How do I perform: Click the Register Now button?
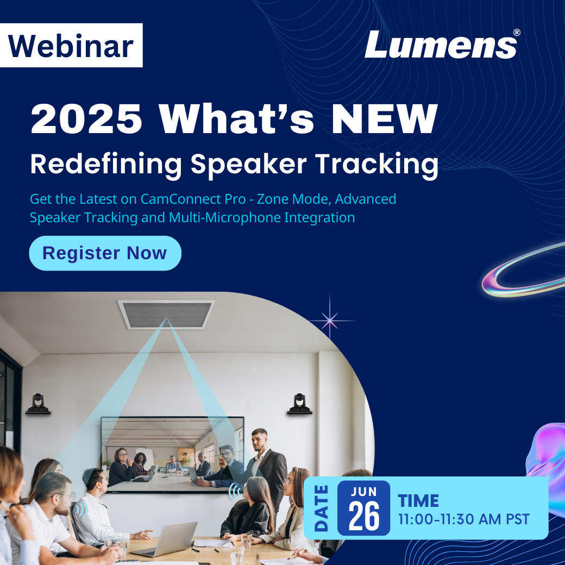[x=105, y=253]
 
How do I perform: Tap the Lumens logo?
[x=442, y=44]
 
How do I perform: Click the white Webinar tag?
[x=71, y=46]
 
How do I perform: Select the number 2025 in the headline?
[x=86, y=118]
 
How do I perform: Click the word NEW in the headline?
[x=385, y=118]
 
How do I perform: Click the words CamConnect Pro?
[x=193, y=199]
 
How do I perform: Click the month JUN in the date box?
[x=363, y=492]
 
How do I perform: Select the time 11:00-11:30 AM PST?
[x=464, y=519]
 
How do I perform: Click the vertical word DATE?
[x=321, y=508]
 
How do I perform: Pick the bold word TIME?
[x=418, y=501]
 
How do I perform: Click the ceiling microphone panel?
[x=166, y=314]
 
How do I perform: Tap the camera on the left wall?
[x=38, y=404]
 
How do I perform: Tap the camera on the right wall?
[x=299, y=404]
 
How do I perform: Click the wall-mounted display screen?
[x=173, y=454]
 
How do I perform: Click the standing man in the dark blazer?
[x=266, y=468]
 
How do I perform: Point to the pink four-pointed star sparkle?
[x=330, y=320]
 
